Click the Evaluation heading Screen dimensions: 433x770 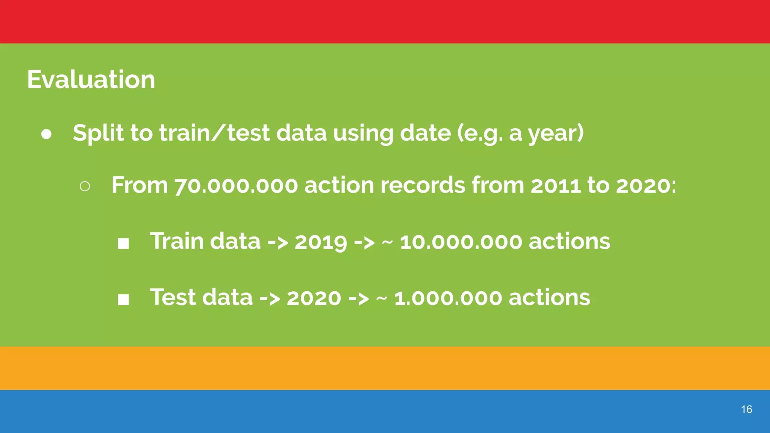(x=91, y=80)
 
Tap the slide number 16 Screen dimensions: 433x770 (x=746, y=409)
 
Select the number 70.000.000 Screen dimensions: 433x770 (x=236, y=186)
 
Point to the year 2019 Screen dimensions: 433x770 (x=321, y=242)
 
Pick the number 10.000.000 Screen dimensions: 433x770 (x=461, y=242)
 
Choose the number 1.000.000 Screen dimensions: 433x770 (x=448, y=298)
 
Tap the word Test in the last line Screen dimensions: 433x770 (x=173, y=297)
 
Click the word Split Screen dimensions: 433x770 (x=98, y=133)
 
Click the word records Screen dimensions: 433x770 (x=423, y=186)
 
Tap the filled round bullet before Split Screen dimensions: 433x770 (x=46, y=135)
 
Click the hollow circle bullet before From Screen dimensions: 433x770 (x=85, y=186)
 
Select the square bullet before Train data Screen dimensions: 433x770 (x=123, y=244)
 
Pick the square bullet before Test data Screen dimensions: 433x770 (x=123, y=300)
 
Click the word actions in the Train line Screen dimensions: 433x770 (x=570, y=242)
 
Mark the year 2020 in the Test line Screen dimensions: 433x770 (x=314, y=298)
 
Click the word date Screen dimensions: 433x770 (x=425, y=133)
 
